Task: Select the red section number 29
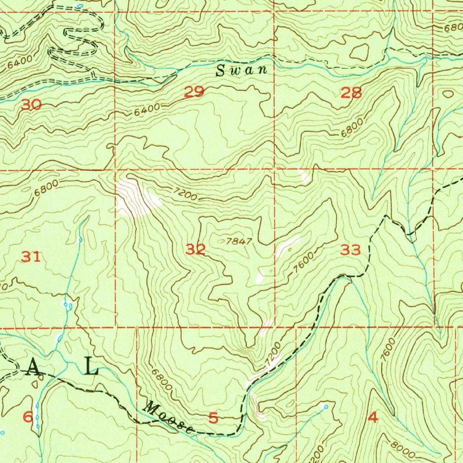pos(194,92)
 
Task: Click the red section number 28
pos(351,93)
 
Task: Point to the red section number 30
pos(31,105)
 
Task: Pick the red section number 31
pos(31,257)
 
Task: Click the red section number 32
pos(196,249)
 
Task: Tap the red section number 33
pos(350,250)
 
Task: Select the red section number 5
pos(213,418)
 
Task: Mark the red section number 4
pos(373,418)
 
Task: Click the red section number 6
pos(28,417)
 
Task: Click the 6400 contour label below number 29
pos(147,109)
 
